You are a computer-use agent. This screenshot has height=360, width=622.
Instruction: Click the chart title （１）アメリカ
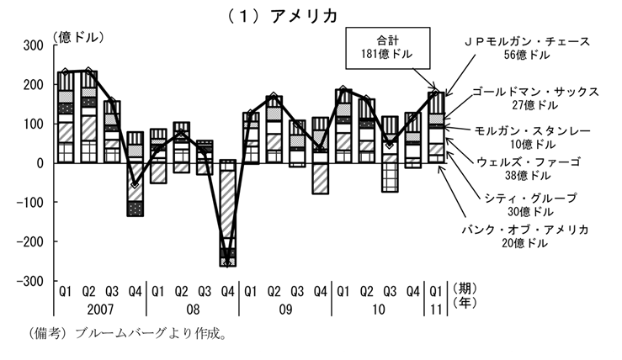tap(283, 16)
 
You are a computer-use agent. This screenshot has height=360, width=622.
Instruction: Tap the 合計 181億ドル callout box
tap(387, 48)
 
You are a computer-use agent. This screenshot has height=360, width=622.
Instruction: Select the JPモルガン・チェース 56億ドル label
tap(527, 48)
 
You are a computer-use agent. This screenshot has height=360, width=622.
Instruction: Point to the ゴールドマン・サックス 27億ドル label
tap(535, 98)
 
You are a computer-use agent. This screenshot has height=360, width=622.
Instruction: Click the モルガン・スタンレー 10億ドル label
tap(533, 138)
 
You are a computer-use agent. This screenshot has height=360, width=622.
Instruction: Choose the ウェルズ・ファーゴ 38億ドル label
tap(529, 168)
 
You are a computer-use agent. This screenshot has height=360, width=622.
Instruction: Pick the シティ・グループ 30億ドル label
tap(531, 204)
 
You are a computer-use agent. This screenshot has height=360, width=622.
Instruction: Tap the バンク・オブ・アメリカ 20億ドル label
tap(525, 236)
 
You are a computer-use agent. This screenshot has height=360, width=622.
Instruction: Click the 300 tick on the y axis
tap(34, 45)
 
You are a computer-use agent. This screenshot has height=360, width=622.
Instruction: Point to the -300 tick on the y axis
tap(29, 281)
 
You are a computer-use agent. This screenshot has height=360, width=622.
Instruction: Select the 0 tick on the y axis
tap(40, 163)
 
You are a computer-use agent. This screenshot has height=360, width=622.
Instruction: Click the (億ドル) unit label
tap(78, 37)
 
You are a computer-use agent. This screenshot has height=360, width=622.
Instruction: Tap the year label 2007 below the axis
tap(100, 310)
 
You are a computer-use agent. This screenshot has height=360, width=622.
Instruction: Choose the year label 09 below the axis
tap(285, 310)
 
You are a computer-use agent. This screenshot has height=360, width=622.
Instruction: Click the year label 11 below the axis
tap(436, 310)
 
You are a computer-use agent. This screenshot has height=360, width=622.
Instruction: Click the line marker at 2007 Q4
tap(136, 185)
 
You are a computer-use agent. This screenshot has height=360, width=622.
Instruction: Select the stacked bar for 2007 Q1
tap(66, 117)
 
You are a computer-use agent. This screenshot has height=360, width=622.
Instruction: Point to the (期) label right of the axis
tap(465, 289)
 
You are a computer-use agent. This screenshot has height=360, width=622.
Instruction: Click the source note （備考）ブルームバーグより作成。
tap(127, 333)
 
